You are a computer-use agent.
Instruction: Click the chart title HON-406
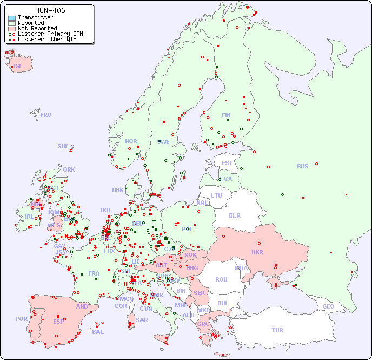coord(50,10)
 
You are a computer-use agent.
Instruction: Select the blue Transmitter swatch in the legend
coord(12,18)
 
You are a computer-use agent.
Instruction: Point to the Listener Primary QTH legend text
coord(50,34)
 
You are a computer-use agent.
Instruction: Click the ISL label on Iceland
coord(18,67)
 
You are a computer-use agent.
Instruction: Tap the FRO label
coord(46,115)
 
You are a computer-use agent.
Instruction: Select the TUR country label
coord(277,330)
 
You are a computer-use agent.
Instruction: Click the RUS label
coord(302,166)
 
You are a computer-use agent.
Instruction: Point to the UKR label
coord(257,252)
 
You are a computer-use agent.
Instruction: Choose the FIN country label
coord(226,115)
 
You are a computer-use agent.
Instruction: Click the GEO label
coord(328,306)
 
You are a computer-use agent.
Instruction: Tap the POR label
coord(21,319)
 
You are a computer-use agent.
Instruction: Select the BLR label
coord(234,215)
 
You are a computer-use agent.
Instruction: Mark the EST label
coord(227,163)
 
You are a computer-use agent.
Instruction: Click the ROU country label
coord(221,279)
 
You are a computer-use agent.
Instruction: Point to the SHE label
coord(63,146)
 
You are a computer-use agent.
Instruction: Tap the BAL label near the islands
coord(98,332)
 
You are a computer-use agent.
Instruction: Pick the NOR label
coord(131,141)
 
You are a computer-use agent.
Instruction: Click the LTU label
coord(216,195)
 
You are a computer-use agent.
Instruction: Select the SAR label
coord(142,320)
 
